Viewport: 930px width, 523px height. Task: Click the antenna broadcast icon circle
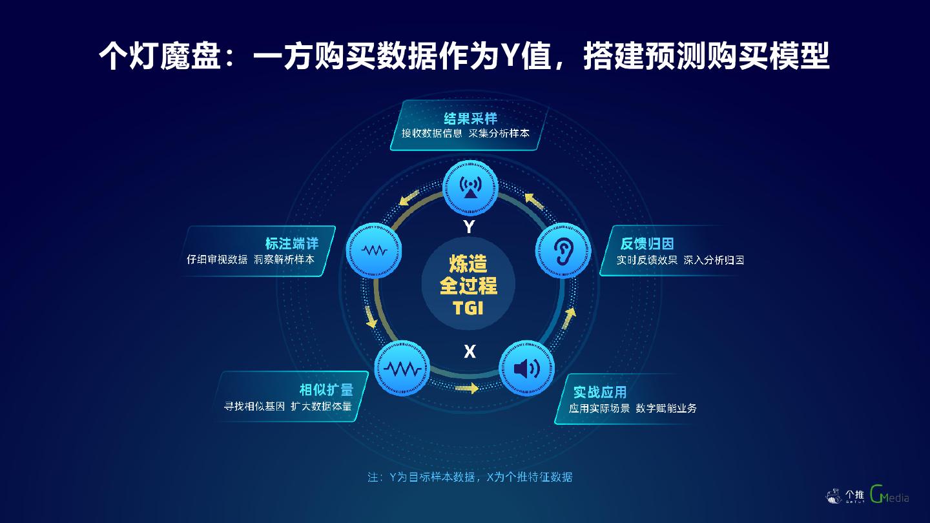click(470, 187)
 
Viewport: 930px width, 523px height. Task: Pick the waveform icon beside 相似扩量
click(402, 369)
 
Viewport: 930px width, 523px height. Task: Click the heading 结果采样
click(470, 119)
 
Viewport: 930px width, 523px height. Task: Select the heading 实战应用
click(600, 392)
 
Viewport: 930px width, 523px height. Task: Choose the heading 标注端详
click(292, 243)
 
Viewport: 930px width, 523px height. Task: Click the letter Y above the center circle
click(470, 227)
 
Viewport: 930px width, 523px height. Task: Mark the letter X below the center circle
click(470, 352)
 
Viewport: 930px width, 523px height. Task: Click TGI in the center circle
click(468, 308)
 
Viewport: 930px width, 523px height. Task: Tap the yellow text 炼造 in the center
click(468, 264)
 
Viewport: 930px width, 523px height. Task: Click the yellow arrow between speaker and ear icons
click(569, 318)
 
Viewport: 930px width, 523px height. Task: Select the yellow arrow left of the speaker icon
click(466, 389)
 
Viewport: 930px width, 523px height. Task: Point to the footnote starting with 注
click(470, 477)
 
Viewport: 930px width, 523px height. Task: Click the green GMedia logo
click(889, 495)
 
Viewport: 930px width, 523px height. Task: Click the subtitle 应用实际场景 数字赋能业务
click(632, 408)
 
